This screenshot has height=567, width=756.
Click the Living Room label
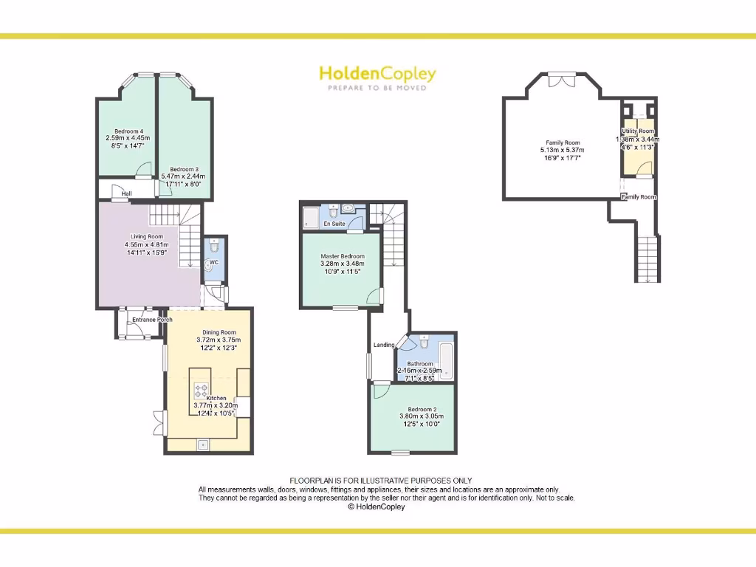146,237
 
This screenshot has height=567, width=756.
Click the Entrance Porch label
153,320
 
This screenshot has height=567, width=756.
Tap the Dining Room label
219,332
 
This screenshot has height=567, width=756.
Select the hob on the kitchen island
201,390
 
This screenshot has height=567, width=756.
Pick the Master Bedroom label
342,256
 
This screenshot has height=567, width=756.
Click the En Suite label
334,224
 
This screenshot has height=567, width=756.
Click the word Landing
384,345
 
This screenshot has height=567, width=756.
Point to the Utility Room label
637,131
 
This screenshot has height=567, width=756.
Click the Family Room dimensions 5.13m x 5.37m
563,150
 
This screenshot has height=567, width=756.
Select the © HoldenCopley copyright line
377,507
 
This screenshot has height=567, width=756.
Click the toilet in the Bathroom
425,343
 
